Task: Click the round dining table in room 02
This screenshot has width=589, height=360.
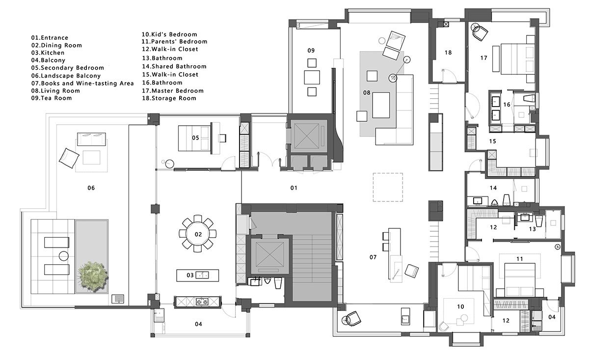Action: (x=198, y=234)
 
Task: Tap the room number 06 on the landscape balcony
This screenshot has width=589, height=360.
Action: (x=91, y=188)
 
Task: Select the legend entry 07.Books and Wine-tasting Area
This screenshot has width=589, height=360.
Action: (x=82, y=83)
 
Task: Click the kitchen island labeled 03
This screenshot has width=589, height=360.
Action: (x=198, y=275)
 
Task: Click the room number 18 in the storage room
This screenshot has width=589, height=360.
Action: (x=448, y=53)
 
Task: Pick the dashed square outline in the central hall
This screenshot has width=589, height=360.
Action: (x=387, y=187)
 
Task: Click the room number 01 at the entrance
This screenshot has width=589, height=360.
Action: (x=294, y=188)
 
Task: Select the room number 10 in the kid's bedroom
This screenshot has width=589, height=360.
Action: (x=460, y=306)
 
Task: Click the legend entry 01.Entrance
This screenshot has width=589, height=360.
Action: (x=50, y=37)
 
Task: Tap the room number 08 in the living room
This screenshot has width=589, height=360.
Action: (x=367, y=92)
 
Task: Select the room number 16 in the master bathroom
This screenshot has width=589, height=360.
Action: (x=507, y=105)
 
